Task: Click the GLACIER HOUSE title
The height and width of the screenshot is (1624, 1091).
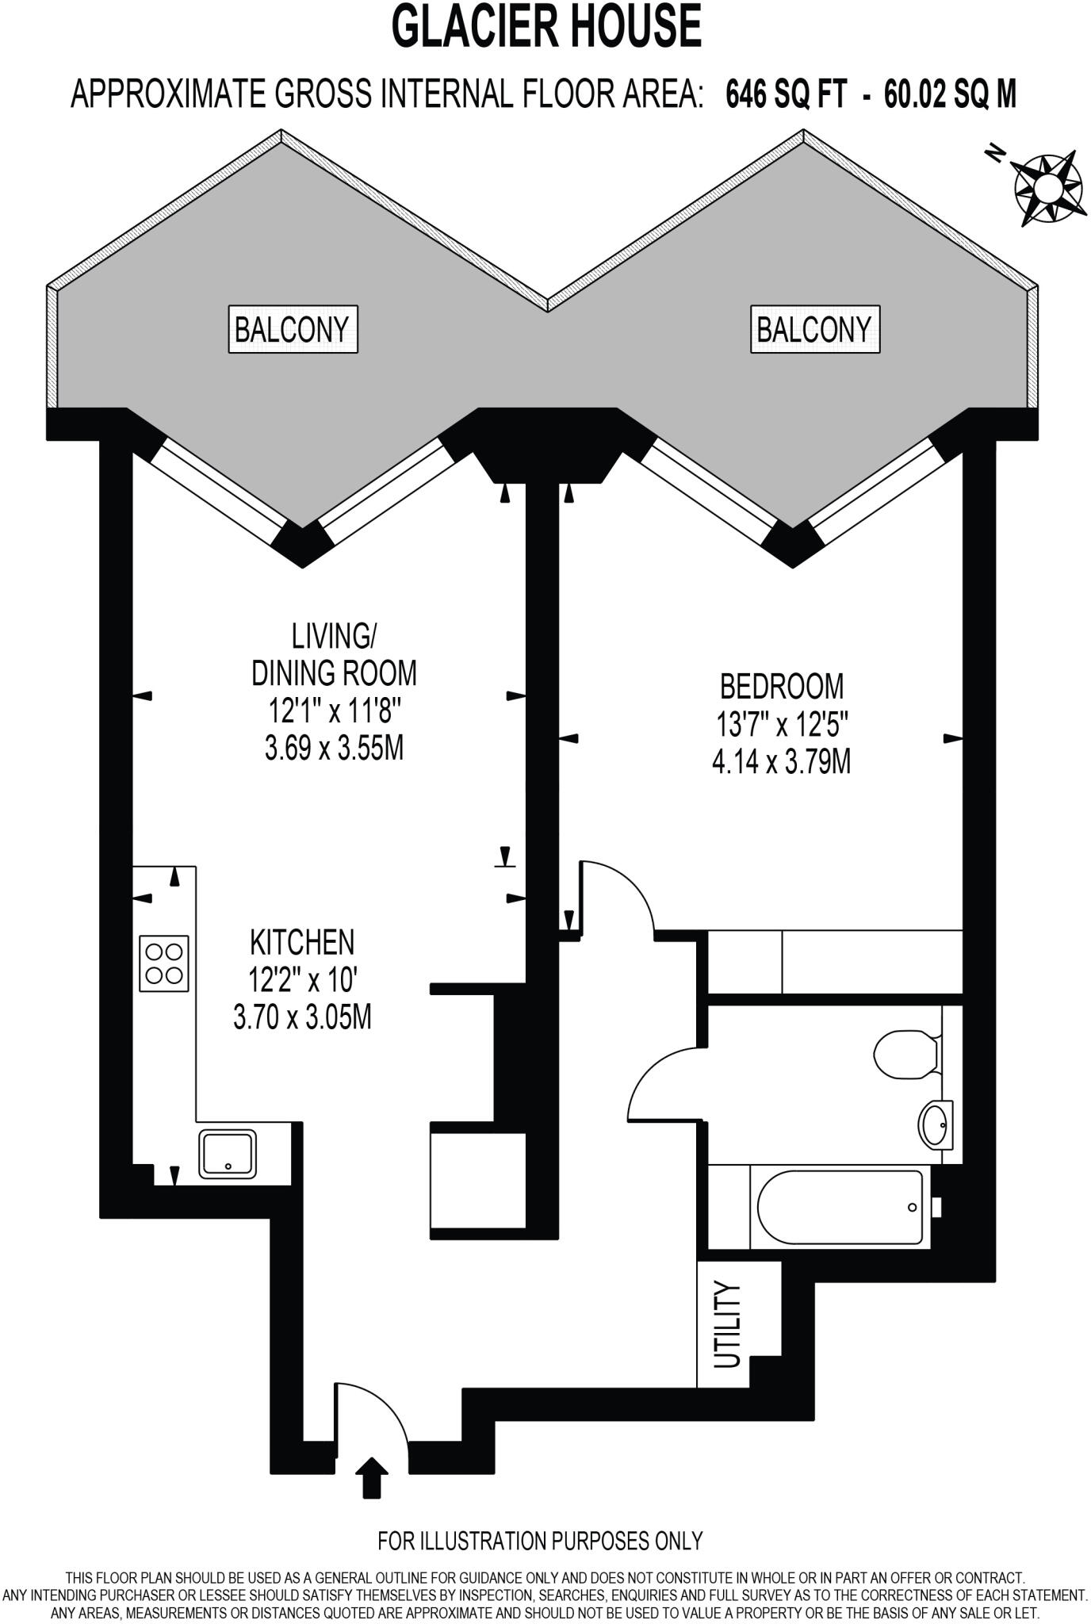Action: pos(546,27)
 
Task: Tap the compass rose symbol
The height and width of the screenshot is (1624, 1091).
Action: pos(1047,186)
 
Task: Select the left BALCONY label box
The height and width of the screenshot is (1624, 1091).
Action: pos(292,328)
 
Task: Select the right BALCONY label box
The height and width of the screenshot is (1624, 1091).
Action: pos(814,328)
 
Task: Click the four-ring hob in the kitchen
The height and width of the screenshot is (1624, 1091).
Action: pos(164,963)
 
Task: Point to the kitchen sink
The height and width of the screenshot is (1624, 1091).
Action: pos(228,1153)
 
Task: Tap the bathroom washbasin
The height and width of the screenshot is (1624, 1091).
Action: pos(937,1123)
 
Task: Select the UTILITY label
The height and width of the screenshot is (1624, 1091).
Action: pos(727,1325)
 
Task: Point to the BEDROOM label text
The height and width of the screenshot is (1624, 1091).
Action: pos(781,685)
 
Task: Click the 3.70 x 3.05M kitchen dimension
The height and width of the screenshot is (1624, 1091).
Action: pos(302,1017)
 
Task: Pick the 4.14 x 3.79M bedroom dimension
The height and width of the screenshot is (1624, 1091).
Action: pos(781,762)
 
